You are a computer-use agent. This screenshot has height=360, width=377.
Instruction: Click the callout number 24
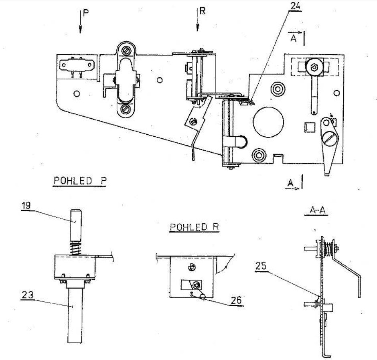(x=296, y=6)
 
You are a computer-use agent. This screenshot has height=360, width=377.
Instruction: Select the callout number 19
(x=26, y=206)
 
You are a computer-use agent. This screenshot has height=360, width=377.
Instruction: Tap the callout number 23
(x=28, y=295)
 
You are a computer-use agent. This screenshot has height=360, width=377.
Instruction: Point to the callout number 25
(x=261, y=266)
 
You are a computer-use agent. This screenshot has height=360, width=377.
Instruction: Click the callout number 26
(x=236, y=300)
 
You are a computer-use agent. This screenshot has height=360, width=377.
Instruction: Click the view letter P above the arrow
(x=86, y=13)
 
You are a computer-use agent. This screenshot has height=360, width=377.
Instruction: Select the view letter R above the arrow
(x=203, y=11)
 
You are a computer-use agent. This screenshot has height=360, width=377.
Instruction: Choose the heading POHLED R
(x=194, y=227)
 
